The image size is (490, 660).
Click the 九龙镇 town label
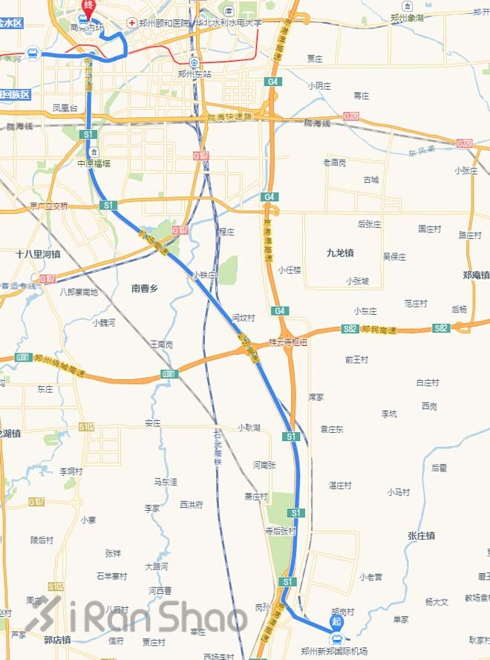pos(340,253)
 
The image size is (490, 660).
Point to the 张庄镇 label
pos(421,535)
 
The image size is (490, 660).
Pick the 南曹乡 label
pos(145,287)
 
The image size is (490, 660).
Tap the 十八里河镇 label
pos(38,254)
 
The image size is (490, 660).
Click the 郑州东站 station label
pos(195,74)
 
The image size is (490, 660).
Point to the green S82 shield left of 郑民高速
pos(350,328)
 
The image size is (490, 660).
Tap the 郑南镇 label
pos(476,275)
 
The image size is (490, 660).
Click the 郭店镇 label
pos(57,639)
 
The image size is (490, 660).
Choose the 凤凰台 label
pos(65,108)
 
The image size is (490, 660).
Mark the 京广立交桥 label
pos(49,206)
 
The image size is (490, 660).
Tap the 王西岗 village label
pos(161,344)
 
